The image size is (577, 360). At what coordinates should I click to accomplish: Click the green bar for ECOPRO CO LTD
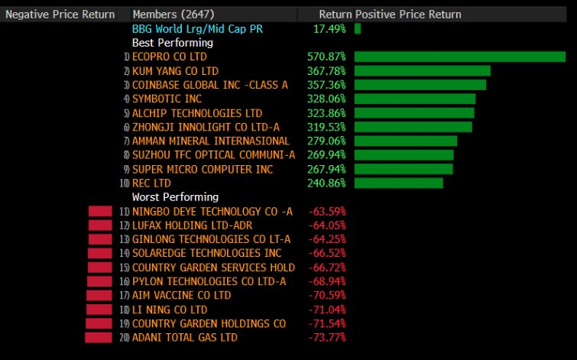click(x=460, y=57)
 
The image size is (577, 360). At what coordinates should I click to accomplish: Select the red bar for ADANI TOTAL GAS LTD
click(x=99, y=338)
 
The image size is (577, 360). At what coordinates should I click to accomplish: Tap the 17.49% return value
click(x=329, y=29)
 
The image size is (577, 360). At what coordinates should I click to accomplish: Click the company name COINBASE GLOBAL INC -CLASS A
click(x=209, y=85)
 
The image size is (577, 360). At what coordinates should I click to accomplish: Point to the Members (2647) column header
click(x=173, y=15)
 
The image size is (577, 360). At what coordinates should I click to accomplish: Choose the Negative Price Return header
click(x=60, y=15)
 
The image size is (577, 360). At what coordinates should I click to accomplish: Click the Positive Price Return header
click(x=408, y=15)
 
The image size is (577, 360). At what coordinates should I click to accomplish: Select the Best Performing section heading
click(x=173, y=43)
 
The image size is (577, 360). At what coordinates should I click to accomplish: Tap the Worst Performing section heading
click(x=175, y=197)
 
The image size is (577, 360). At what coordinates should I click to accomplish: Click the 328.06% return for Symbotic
click(x=326, y=99)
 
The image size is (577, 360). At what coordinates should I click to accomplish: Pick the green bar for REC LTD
click(x=398, y=183)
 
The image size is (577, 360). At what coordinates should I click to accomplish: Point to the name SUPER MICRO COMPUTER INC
click(x=203, y=170)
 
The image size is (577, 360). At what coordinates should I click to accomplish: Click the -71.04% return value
click(x=327, y=310)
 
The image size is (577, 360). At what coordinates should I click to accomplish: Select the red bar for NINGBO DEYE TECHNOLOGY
click(x=100, y=211)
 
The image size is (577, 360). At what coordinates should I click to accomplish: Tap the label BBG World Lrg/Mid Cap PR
click(x=197, y=29)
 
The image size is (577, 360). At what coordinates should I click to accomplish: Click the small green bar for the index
click(x=358, y=29)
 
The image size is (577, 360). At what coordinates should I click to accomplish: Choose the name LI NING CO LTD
click(x=170, y=310)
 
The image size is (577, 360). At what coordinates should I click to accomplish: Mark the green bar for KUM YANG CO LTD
click(x=423, y=70)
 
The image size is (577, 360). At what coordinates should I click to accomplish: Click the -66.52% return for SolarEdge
click(x=327, y=253)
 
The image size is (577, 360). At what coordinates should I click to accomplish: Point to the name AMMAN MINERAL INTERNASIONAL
click(x=210, y=141)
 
